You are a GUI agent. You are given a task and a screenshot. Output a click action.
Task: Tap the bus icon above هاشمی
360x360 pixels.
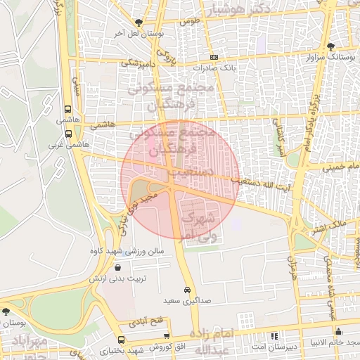pyautogui.click(x=67, y=110)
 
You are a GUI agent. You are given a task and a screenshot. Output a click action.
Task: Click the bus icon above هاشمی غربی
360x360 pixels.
pyautogui.click(x=68, y=133)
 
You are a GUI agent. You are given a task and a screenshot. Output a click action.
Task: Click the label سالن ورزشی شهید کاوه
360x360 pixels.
pyautogui.click(x=127, y=250)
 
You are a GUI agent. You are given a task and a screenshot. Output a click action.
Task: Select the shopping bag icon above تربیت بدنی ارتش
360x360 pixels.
pyautogui.click(x=117, y=268)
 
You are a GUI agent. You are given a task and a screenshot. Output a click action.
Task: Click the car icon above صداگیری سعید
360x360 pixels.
pyautogui.click(x=187, y=290)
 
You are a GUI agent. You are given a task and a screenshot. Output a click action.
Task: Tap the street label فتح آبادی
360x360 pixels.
pyautogui.click(x=146, y=320)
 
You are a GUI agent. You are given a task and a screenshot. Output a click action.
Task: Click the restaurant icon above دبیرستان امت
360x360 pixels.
pyautogui.click(x=274, y=337)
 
